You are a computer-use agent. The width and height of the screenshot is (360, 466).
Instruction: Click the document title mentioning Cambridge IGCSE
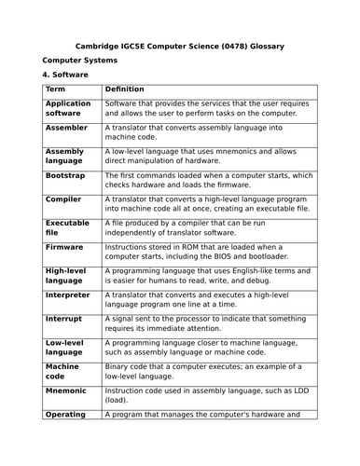click(179, 45)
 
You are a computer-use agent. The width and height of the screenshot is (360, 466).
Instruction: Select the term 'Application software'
click(68, 108)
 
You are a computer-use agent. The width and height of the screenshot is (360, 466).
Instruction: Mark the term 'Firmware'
click(64, 247)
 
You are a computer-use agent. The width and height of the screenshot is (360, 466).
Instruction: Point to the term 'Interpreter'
click(68, 295)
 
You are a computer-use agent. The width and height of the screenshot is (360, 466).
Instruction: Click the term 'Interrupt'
click(65, 319)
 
